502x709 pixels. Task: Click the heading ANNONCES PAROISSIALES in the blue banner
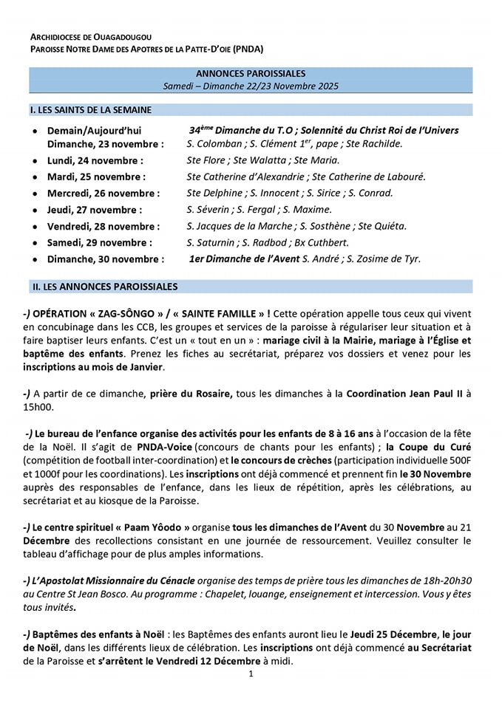[x=251, y=74]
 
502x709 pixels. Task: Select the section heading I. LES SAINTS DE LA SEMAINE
[x=91, y=110]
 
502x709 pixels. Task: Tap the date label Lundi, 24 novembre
[x=95, y=160]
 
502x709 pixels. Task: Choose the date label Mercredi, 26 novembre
[x=104, y=193]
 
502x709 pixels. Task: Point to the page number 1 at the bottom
[x=251, y=674]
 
